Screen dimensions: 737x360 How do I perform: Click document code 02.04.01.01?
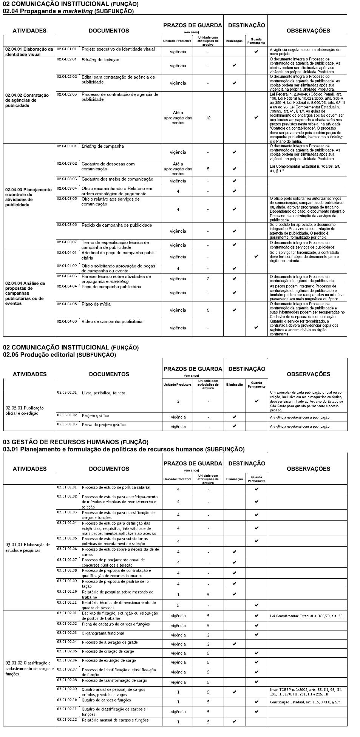point(66,49)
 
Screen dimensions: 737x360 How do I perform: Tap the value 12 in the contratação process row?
point(208,118)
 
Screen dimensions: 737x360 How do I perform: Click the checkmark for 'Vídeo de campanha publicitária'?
point(256,328)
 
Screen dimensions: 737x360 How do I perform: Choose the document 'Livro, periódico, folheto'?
point(104,393)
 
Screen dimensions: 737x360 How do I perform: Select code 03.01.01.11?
point(67,602)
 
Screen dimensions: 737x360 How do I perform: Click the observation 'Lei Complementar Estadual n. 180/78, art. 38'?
point(306,616)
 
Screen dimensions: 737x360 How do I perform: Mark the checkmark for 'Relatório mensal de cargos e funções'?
point(234,721)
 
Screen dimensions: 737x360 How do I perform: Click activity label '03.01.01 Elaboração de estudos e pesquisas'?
point(28,547)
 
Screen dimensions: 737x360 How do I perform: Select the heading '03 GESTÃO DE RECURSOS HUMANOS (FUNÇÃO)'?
point(76,442)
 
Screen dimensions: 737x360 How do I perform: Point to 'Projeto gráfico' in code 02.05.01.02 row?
point(95,416)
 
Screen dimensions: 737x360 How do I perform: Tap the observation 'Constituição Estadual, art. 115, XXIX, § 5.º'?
point(305,702)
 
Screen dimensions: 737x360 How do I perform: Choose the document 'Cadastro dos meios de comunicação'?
point(117,179)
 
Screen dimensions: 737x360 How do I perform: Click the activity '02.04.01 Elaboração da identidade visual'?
point(29,52)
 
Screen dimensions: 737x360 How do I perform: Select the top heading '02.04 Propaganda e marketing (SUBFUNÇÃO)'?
point(68,11)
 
